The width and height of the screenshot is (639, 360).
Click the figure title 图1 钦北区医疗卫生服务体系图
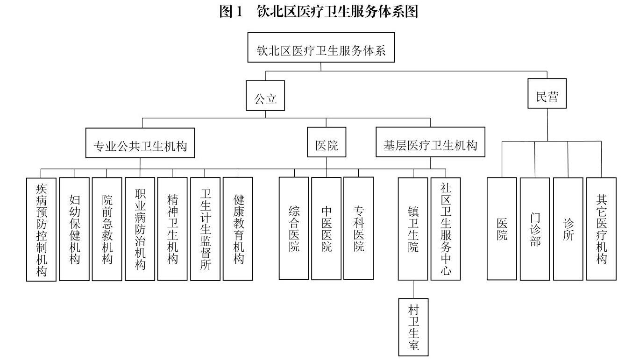click(319, 12)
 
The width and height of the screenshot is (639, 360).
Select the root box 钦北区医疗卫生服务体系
click(321, 47)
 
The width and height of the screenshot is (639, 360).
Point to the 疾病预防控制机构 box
click(41, 229)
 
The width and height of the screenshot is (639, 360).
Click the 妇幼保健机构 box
click(74, 229)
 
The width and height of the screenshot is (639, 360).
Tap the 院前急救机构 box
click(107, 229)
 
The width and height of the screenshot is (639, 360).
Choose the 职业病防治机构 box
click(140, 229)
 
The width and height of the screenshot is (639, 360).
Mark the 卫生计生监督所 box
click(205, 229)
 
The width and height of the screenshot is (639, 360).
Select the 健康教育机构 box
click(238, 229)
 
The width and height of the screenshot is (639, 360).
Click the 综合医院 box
click(294, 228)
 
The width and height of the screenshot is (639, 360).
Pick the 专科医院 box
click(358, 228)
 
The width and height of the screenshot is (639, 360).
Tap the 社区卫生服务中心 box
click(446, 229)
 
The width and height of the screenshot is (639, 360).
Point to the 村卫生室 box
click(413, 327)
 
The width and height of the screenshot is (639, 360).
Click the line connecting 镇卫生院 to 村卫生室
click(413, 289)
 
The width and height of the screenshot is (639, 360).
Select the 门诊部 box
click(535, 229)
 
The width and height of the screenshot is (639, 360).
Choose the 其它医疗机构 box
click(601, 229)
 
